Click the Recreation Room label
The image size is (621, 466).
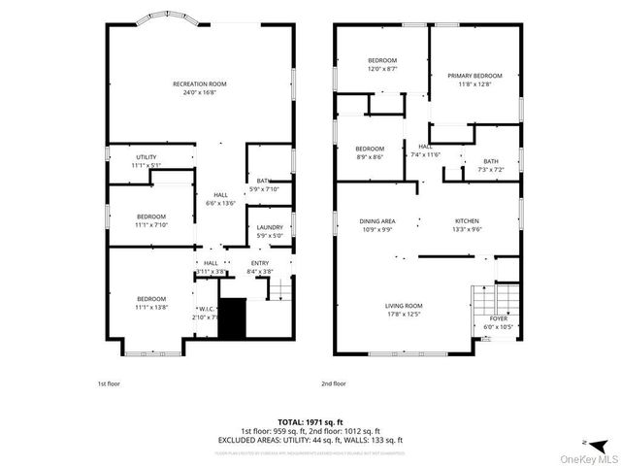coord(199,84)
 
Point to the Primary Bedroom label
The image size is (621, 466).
coord(474,76)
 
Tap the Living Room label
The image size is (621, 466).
coord(404,305)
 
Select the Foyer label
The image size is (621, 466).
coord(498,318)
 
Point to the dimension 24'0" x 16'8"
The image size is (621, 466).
coord(199,93)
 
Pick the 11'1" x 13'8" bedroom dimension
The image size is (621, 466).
coord(150,307)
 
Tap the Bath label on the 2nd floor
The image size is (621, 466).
coord(491,161)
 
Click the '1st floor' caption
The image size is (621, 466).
coord(109,383)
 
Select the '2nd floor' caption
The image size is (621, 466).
coord(333,383)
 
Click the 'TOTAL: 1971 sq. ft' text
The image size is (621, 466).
coord(310,421)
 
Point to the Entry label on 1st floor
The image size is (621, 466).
coord(260,263)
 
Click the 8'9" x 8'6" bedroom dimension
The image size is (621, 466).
coord(369,156)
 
